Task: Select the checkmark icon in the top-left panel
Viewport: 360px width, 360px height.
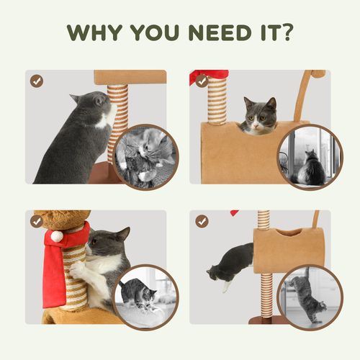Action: [36, 81]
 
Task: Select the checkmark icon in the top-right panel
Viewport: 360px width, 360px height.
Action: [202, 81]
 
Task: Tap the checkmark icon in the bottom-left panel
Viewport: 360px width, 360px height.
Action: [36, 221]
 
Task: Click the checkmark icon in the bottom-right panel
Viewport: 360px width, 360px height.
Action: [202, 221]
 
